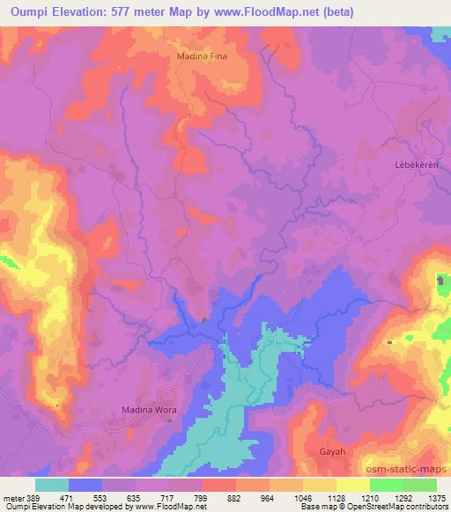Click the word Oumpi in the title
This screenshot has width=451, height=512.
pos(28,11)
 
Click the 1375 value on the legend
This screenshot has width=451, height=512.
pos(437,498)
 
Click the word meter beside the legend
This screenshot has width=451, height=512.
pos(12,498)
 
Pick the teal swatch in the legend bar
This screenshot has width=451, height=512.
pos(52,485)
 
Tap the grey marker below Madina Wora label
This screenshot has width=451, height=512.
pos(171,421)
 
